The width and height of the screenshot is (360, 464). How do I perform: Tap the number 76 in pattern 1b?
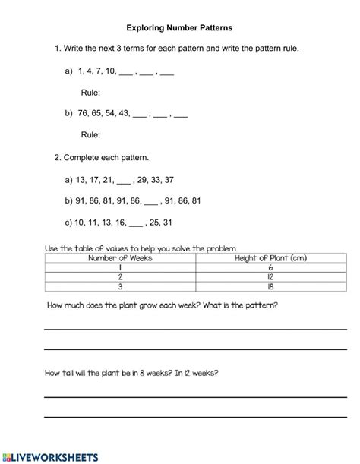point(84,115)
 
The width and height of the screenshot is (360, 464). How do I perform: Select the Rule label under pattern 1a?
point(90,93)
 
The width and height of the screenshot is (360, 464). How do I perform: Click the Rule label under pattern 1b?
point(90,135)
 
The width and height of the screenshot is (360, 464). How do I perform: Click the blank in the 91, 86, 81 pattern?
point(150,202)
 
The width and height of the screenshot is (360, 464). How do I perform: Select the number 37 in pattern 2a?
point(169,180)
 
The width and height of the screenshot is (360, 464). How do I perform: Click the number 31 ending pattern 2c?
point(167,223)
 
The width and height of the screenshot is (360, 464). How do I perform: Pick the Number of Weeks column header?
point(120,258)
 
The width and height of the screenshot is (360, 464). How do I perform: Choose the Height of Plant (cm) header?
point(271,258)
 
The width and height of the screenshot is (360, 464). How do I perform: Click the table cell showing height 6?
point(271,268)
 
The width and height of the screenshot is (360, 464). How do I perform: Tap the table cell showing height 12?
point(271,278)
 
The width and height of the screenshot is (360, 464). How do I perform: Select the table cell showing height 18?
point(271,288)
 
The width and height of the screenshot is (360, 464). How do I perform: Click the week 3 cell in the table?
point(120,288)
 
